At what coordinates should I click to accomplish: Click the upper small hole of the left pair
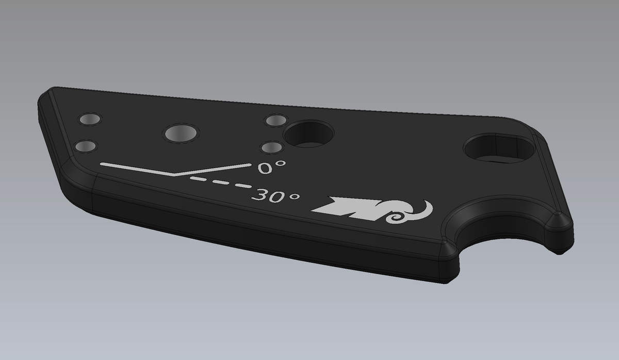click(90, 120)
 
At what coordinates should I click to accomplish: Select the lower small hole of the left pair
click(86, 146)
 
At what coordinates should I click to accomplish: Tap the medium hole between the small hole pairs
click(181, 133)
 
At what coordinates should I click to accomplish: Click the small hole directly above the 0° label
click(271, 148)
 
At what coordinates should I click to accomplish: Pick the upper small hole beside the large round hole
click(275, 121)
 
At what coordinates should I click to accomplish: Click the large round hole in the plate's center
click(309, 134)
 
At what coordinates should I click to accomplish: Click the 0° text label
click(271, 167)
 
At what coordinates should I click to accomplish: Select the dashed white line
click(221, 183)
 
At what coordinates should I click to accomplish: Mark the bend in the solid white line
click(175, 174)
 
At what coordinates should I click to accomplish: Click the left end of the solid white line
click(103, 164)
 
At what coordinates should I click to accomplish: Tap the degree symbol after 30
click(294, 197)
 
